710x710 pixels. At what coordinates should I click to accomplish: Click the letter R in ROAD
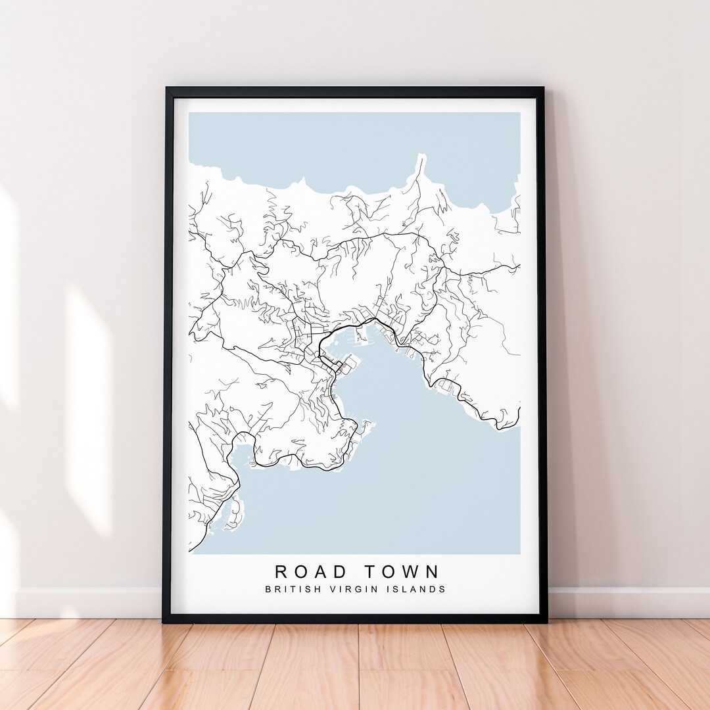tap(281, 571)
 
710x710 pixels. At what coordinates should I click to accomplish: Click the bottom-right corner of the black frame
tap(545, 621)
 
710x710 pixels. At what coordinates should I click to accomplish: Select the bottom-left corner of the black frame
tap(165, 621)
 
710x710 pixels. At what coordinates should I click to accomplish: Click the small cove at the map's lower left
tap(240, 454)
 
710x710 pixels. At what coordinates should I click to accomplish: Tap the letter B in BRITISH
tap(268, 589)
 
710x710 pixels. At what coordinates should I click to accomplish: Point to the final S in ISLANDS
tap(442, 589)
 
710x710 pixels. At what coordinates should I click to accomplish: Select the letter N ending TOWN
tap(432, 571)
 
